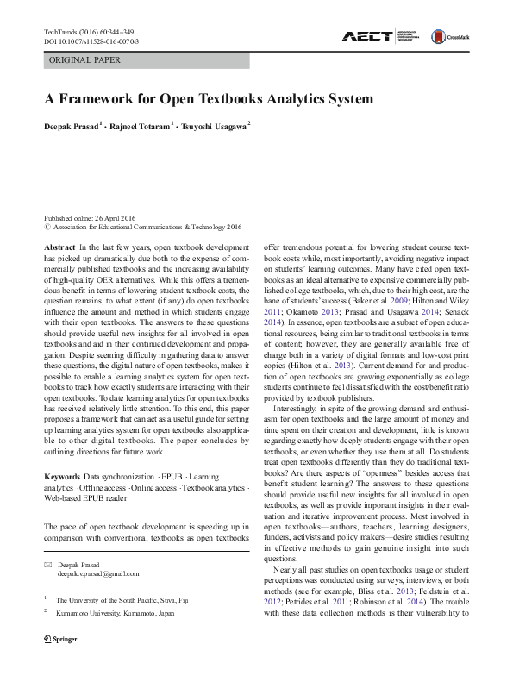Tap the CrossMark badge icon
click(x=452, y=35)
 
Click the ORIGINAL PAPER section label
click(x=85, y=60)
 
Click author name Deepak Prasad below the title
click(x=72, y=127)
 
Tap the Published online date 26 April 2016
click(x=91, y=218)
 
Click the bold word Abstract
click(x=59, y=247)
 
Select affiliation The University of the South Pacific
click(x=117, y=575)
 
